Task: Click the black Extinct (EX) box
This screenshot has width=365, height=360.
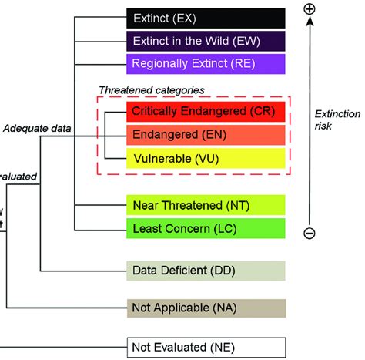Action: [x=206, y=17]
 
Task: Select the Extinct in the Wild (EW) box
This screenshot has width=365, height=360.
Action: [x=206, y=40]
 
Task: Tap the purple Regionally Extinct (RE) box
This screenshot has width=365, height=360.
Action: [x=206, y=63]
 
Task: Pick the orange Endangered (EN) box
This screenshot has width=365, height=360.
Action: [x=206, y=136]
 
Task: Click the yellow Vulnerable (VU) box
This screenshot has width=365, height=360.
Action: [x=206, y=160]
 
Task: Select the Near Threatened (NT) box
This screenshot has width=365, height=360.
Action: [x=206, y=205]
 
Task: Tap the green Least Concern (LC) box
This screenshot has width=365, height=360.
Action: [x=206, y=228]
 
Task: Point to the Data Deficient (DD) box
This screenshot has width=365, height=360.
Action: [x=206, y=271]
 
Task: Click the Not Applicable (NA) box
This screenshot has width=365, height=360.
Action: [x=206, y=308]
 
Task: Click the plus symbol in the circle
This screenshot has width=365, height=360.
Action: [x=310, y=9]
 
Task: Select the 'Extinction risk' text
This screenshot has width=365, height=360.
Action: [x=337, y=119]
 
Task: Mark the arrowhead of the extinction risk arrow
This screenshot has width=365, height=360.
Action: [x=310, y=24]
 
